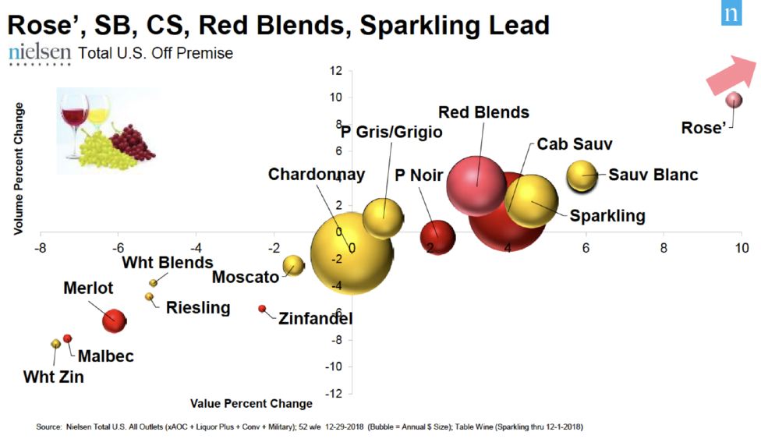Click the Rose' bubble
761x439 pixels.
(x=734, y=100)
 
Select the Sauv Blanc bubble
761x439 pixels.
(x=582, y=175)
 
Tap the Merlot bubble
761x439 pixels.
(x=114, y=320)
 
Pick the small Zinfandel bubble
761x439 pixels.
(x=262, y=309)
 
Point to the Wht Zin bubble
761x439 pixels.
(x=55, y=344)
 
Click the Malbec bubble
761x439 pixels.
(x=68, y=338)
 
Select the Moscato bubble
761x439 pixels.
(x=292, y=266)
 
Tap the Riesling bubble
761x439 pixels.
(x=149, y=296)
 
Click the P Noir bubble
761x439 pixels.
(x=437, y=237)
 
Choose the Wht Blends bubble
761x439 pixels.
(x=154, y=282)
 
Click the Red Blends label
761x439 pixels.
(x=483, y=112)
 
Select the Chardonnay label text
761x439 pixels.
(x=317, y=174)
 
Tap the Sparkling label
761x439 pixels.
(x=607, y=216)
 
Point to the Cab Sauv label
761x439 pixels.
(x=575, y=144)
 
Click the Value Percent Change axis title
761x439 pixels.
(x=251, y=404)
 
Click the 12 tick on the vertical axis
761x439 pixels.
(x=336, y=71)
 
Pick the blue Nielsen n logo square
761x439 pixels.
(x=731, y=13)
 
